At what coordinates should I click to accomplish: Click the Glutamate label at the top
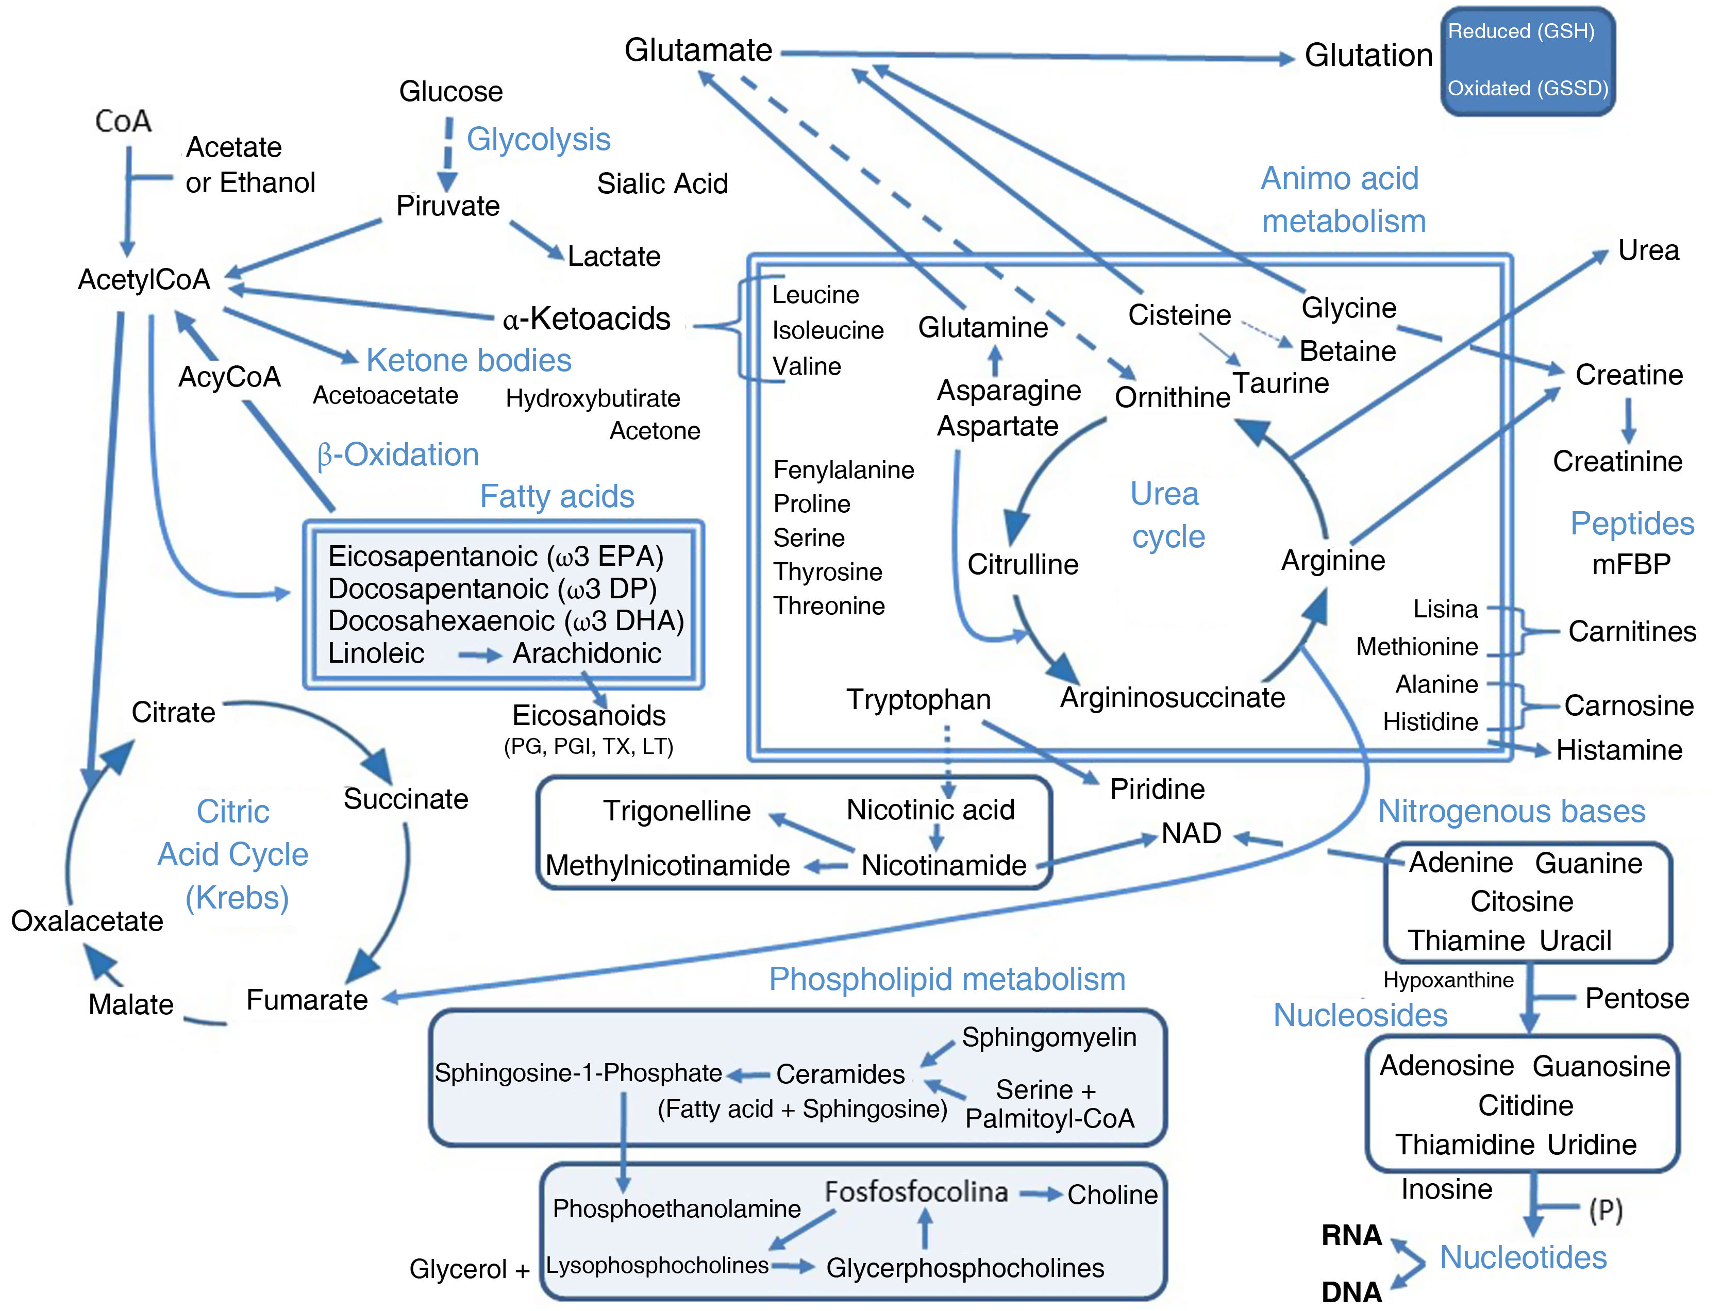(698, 50)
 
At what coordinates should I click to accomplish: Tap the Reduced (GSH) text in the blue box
(1520, 31)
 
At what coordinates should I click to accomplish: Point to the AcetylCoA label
(144, 279)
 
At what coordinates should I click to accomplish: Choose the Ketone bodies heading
(469, 361)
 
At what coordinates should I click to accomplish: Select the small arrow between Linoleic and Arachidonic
(478, 655)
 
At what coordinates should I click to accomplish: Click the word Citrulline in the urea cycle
(1023, 564)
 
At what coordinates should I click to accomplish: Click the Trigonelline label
(676, 811)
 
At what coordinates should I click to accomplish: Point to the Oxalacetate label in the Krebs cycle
(87, 921)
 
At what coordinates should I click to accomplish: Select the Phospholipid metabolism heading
(947, 979)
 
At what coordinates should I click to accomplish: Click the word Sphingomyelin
(1048, 1037)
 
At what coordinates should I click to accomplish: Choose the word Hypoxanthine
(1448, 980)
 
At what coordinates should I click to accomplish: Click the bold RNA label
(1351, 1235)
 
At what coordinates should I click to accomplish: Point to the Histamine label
(1619, 750)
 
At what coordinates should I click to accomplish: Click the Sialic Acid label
(662, 184)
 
